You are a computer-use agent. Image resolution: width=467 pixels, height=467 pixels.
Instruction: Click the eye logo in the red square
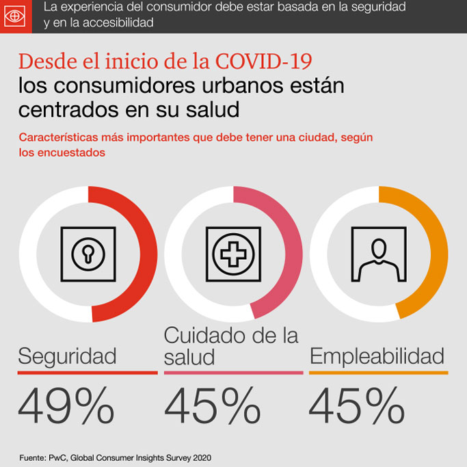tap(16, 16)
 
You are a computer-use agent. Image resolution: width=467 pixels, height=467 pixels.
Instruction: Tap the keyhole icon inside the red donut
tap(88, 254)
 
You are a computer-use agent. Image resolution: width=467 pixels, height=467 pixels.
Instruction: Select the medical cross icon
tap(233, 254)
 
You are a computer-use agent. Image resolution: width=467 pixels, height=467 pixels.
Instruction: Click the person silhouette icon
tap(378, 254)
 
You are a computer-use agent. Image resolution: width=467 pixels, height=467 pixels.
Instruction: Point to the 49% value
tap(66, 405)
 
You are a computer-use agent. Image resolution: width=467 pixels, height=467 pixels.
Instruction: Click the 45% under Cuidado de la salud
tap(212, 405)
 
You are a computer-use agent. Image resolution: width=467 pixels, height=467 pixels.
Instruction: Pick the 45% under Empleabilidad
tap(356, 405)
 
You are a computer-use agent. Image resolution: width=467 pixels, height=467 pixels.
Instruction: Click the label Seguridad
tap(67, 356)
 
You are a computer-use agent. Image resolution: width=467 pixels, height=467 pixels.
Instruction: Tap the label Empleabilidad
tap(377, 356)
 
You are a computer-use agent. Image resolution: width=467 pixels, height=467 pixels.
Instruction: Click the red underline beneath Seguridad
tap(88, 373)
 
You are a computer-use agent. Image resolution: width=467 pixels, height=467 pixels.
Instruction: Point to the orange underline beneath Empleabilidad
tap(378, 373)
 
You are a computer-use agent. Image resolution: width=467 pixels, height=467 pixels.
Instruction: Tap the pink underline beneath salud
tap(233, 373)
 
